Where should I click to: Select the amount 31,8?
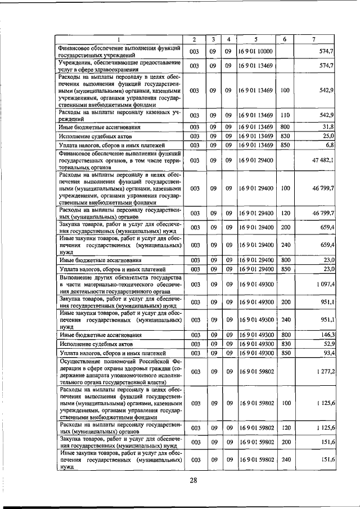(328, 127)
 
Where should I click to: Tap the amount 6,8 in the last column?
(330, 145)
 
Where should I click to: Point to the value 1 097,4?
(325, 285)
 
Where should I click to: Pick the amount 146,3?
(327, 335)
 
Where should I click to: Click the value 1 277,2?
(325, 372)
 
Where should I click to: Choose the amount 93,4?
(328, 353)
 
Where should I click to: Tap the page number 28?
(193, 480)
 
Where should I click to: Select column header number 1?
(119, 39)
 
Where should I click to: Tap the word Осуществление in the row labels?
(82, 361)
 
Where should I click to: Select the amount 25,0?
(328, 136)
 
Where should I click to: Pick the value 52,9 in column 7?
(328, 344)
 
